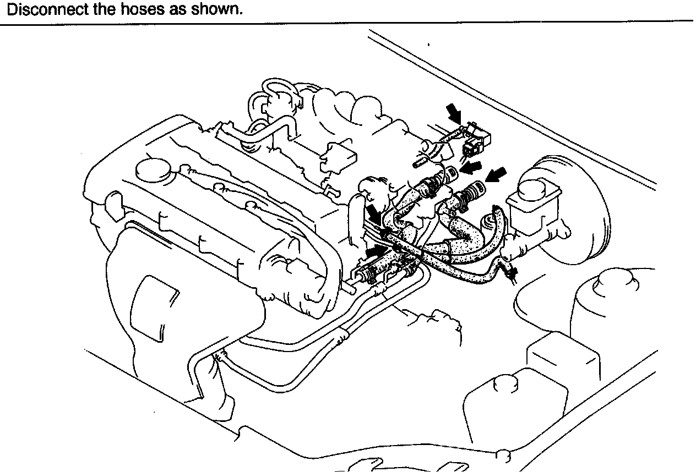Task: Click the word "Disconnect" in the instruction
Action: tap(40, 9)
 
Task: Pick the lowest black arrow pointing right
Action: tap(376, 250)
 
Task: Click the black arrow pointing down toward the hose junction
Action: tap(374, 212)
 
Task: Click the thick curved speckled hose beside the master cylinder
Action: tap(496, 234)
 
